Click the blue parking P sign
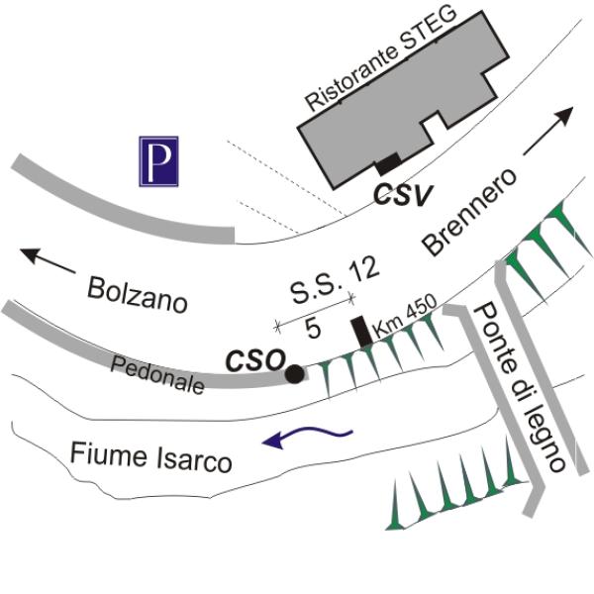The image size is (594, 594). point(157,161)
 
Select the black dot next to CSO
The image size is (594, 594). point(294,373)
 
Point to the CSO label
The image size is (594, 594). point(254,360)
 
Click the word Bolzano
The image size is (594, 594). point(137,295)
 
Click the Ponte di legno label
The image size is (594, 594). point(520,385)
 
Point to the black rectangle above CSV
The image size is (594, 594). point(386,164)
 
